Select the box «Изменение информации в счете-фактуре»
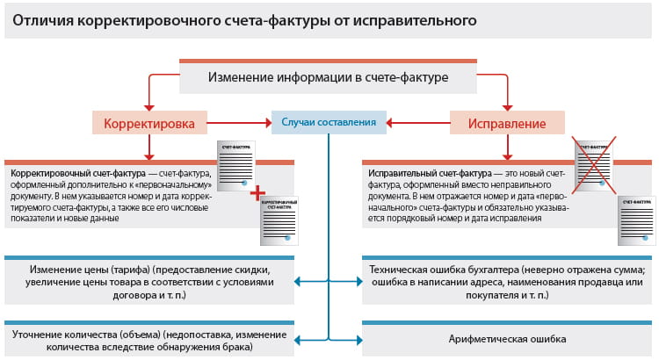[328, 77]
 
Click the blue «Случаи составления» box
[329, 122]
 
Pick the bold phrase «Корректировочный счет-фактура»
[73, 173]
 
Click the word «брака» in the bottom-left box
[238, 348]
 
